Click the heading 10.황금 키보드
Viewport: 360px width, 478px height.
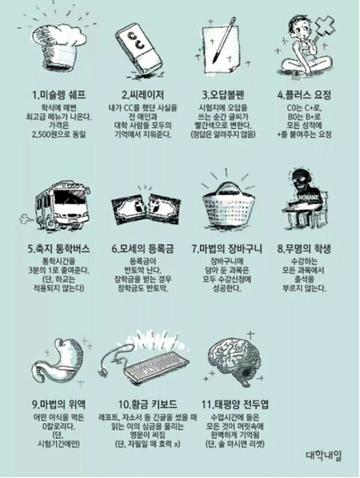click(x=147, y=404)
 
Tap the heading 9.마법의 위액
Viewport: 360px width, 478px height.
click(x=59, y=404)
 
